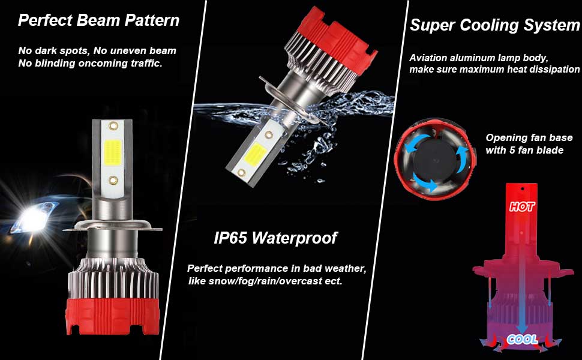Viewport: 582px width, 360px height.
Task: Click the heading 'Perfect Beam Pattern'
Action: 98,20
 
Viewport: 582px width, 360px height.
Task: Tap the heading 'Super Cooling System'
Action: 494,25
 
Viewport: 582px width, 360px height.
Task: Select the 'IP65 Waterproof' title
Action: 275,238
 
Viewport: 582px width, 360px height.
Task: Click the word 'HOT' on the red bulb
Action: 522,207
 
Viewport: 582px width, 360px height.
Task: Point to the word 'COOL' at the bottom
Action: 522,339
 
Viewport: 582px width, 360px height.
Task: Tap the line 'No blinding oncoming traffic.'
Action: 90,63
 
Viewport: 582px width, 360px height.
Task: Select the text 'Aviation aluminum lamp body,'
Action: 479,58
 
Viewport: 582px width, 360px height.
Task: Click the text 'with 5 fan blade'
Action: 524,150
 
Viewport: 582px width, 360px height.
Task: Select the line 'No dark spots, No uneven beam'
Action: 97,51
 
